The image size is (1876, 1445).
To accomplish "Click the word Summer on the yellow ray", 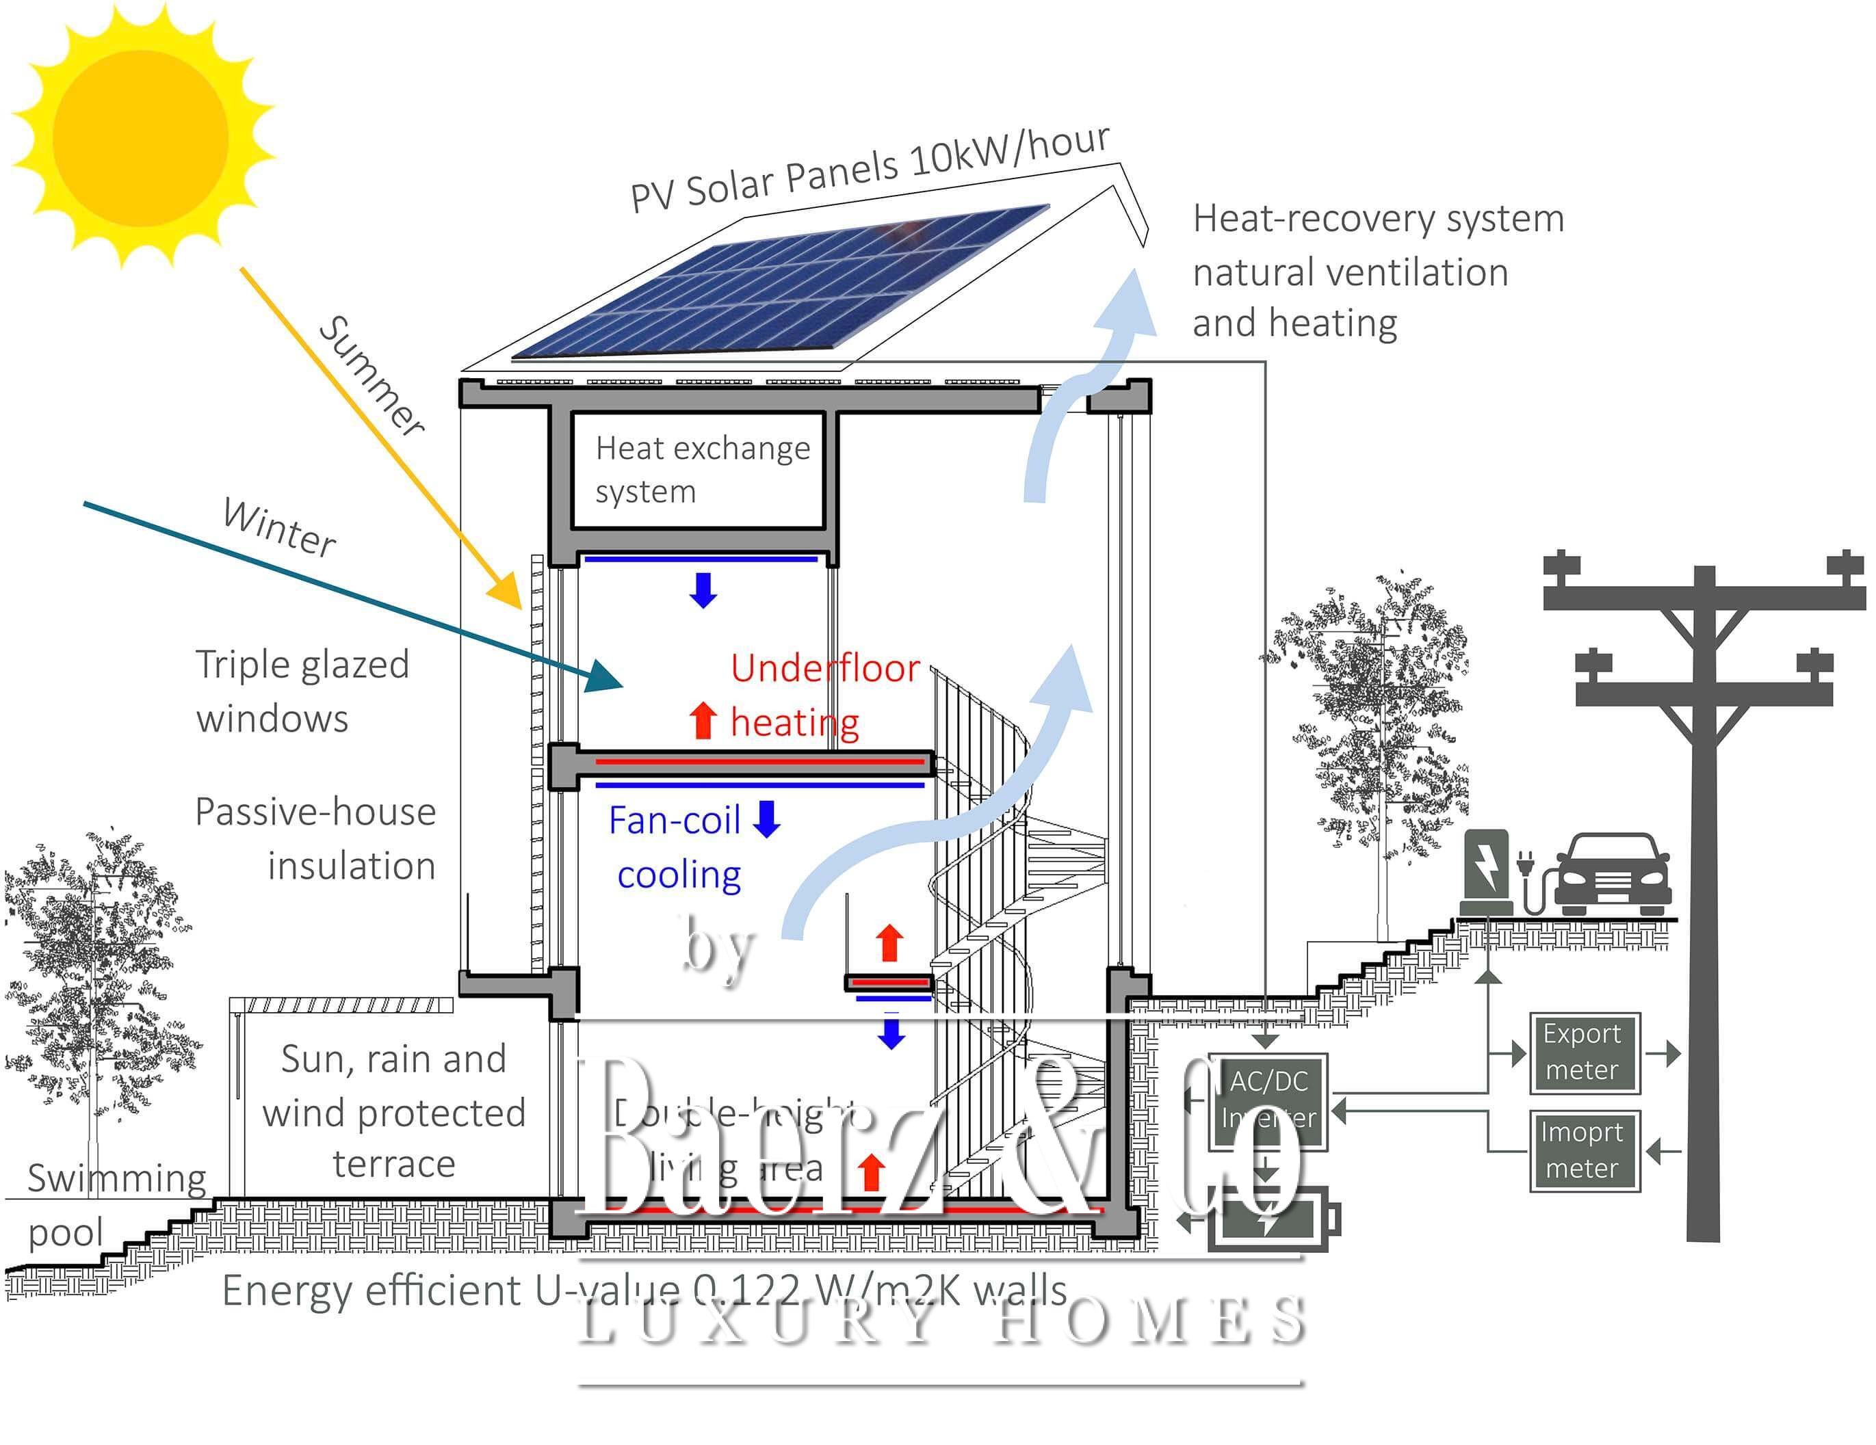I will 371,376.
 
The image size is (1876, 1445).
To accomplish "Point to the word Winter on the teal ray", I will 279,527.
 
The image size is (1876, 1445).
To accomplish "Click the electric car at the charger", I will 1613,874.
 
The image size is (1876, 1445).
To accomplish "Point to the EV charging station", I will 1485,871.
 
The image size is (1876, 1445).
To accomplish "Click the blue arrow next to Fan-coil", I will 766,818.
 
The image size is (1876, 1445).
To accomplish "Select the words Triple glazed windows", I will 302,691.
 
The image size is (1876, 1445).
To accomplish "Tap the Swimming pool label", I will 116,1204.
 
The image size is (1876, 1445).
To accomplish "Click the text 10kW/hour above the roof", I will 1008,151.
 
